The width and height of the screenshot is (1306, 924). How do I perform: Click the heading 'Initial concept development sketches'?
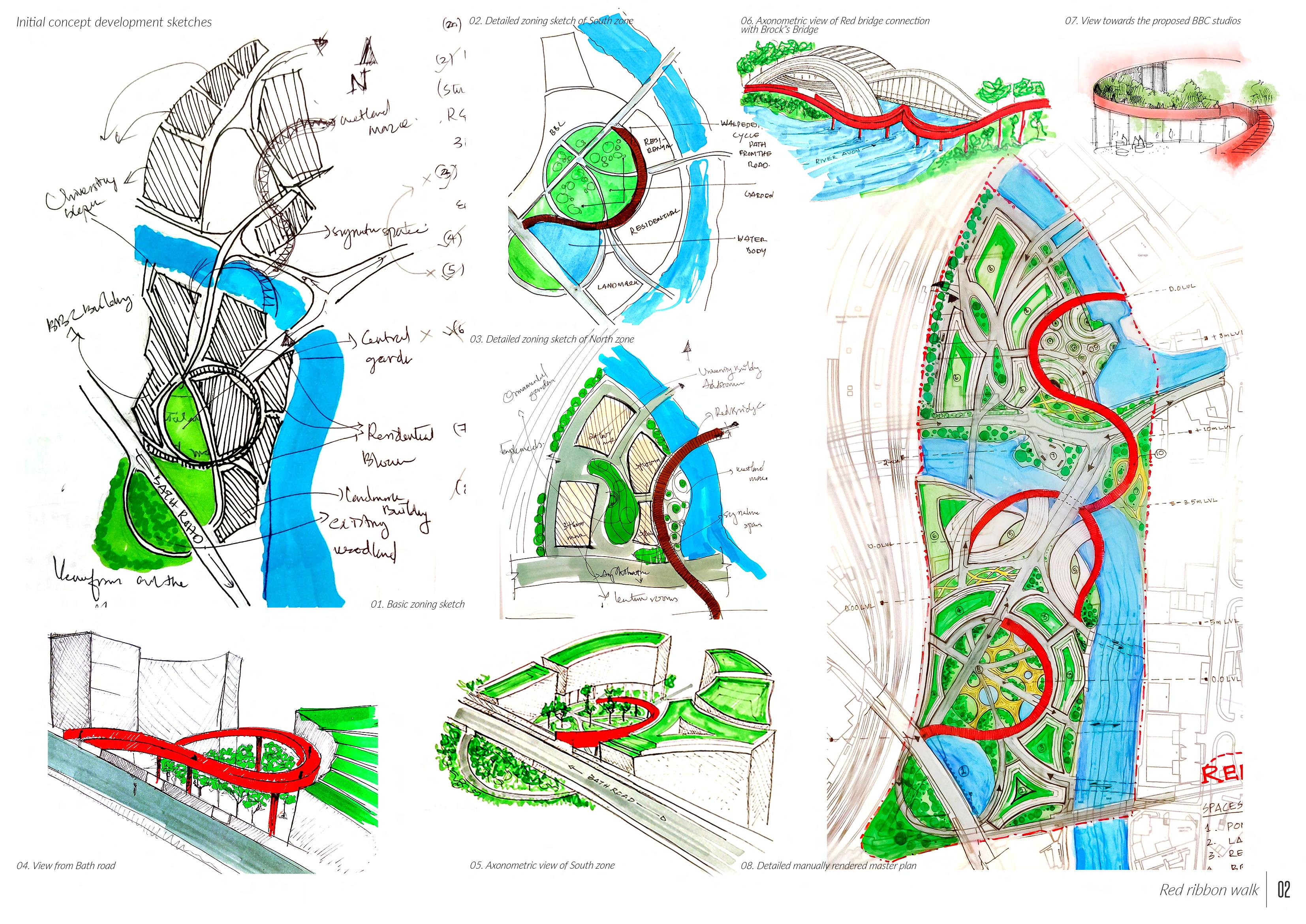click(114, 22)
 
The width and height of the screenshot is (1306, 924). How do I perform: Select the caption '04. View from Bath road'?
click(66, 866)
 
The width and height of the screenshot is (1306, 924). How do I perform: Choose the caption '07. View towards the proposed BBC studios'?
click(1153, 21)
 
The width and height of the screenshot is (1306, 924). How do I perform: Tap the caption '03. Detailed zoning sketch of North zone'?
click(552, 339)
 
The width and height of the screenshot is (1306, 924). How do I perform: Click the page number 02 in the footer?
click(1284, 889)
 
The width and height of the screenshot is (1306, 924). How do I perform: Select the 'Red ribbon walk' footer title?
click(1209, 890)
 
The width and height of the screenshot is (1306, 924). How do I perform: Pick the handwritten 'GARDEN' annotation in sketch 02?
click(759, 195)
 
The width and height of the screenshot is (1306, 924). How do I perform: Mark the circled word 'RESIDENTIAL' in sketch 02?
click(654, 222)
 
